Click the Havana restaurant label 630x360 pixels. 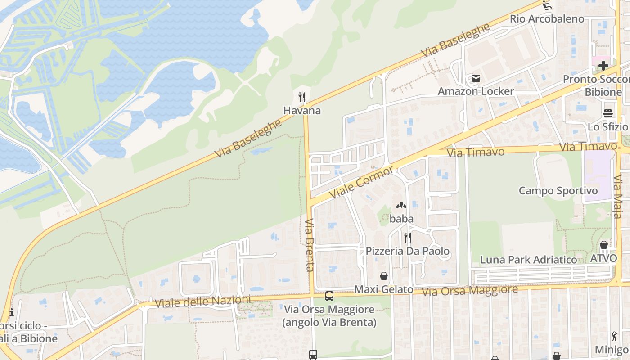[302, 111]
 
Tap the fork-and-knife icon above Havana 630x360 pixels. [302, 97]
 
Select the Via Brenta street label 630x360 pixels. [309, 245]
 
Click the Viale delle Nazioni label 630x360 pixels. [202, 301]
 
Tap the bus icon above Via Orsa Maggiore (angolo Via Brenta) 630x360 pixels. [329, 296]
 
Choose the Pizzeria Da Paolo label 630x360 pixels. [407, 251]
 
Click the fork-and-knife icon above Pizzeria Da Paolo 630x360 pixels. [407, 238]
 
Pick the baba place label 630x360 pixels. [401, 219]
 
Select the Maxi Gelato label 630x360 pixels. [384, 289]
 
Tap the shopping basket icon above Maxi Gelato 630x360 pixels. [384, 276]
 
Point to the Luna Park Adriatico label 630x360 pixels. [528, 260]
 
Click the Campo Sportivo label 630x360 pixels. [558, 191]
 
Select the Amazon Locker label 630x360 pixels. [476, 91]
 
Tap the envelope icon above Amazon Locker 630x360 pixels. [476, 79]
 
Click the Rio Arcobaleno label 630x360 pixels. [547, 19]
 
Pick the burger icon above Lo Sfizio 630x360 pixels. [608, 113]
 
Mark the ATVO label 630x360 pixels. [603, 259]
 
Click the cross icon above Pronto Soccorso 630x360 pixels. [603, 66]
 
